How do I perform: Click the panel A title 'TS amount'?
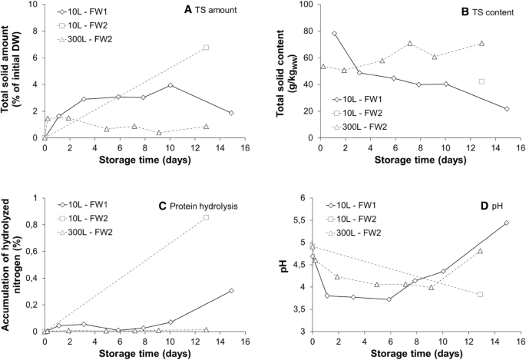pos(217,8)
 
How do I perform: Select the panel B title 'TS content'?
pos(485,8)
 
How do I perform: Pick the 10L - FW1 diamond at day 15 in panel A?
pos(231,113)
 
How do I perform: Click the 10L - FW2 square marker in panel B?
pos(481,81)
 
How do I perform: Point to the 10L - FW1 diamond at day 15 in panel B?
pos(507,109)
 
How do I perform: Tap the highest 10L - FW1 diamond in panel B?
pos(334,34)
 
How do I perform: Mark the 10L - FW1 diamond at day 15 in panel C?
pos(231,291)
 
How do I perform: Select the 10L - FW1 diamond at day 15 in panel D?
pos(506,223)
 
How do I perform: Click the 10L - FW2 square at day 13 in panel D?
pos(480,295)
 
